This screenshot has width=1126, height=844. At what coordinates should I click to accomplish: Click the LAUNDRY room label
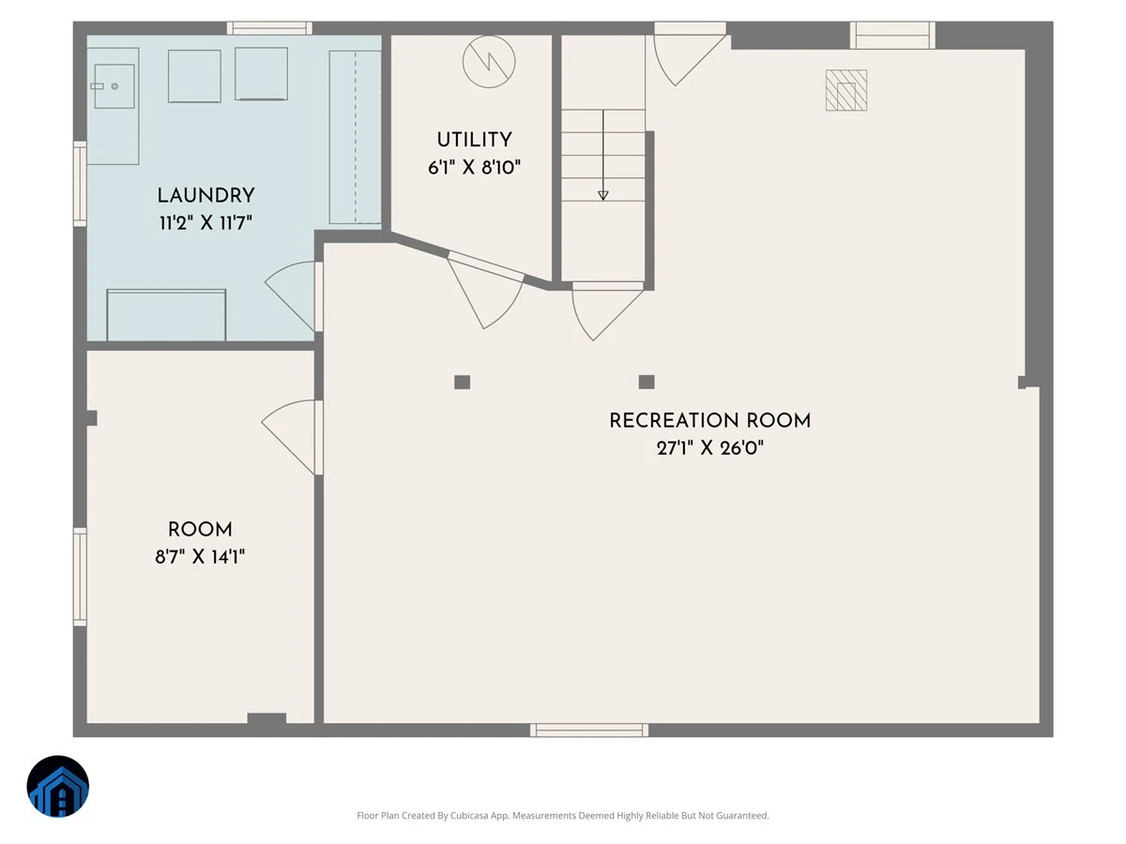(x=205, y=196)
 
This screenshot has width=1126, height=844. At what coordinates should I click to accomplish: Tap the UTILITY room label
(x=474, y=140)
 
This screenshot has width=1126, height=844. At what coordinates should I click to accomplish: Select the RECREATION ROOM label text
(x=710, y=421)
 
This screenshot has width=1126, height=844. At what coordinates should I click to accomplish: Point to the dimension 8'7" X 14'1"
(x=200, y=557)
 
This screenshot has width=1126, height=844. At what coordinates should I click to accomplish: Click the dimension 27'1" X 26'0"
(x=710, y=448)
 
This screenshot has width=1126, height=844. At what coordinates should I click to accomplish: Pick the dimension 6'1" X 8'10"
(x=474, y=168)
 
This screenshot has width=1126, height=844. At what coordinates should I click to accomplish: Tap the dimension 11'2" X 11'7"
(x=205, y=223)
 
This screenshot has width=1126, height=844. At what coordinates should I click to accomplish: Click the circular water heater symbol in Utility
(x=489, y=62)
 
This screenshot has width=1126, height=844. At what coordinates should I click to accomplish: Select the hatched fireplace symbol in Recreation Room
(x=846, y=90)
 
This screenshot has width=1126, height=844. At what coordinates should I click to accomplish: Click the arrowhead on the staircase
(x=603, y=195)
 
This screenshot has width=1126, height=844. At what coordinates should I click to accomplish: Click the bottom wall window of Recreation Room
(x=589, y=730)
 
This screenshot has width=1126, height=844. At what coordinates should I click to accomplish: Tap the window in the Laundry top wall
(x=269, y=28)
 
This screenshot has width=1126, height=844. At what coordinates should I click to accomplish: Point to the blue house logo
(x=58, y=786)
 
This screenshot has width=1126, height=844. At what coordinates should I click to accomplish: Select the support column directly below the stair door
(x=647, y=382)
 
